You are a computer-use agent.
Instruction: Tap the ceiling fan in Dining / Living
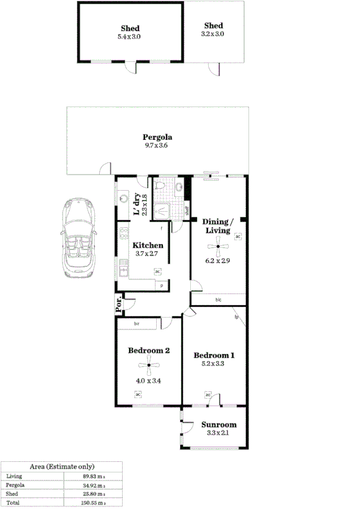click(x=219, y=250)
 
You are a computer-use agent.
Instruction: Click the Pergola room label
click(x=157, y=137)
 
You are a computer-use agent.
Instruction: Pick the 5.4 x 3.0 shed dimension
click(x=130, y=37)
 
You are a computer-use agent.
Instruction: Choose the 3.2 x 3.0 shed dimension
click(x=213, y=34)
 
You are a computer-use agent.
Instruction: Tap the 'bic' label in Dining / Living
click(x=219, y=300)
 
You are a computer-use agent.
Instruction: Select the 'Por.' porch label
click(x=119, y=303)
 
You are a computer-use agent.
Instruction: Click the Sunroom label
click(x=219, y=425)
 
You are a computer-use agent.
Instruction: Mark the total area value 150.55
click(x=92, y=503)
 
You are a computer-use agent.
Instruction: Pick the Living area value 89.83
click(x=92, y=476)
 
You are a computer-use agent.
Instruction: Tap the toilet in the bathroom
click(x=160, y=187)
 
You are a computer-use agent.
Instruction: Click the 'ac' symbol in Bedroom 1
click(x=208, y=394)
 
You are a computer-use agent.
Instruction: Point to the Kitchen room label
click(x=148, y=245)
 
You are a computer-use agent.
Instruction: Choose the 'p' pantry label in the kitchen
click(x=162, y=285)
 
